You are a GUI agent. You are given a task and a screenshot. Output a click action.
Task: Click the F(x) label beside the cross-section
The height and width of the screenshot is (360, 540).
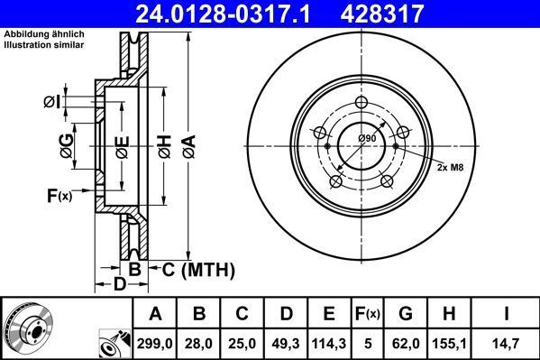pos(59,195)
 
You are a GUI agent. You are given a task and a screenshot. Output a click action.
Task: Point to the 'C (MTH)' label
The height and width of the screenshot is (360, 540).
pos(199,269)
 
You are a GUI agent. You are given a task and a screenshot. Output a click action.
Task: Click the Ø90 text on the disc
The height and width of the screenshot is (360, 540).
pos(367,137)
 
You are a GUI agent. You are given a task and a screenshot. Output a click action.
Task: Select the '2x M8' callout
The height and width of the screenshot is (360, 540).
pos(453,168)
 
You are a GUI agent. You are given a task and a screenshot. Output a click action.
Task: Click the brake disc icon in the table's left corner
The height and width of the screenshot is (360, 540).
pos(27,328)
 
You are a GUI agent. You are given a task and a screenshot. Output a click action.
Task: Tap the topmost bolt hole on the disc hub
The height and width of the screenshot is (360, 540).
pos(363,102)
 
